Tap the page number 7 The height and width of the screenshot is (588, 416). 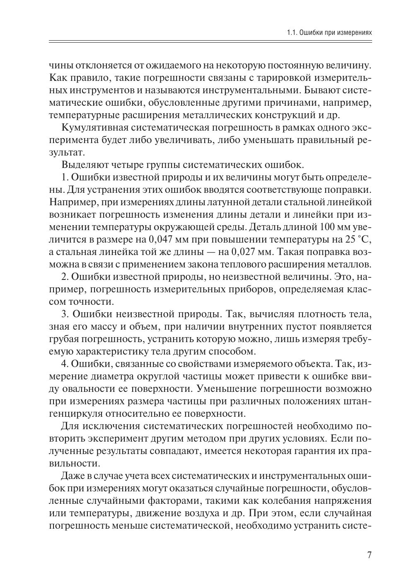click(x=369, y=555)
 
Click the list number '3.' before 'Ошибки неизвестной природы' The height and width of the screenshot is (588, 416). click(x=65, y=314)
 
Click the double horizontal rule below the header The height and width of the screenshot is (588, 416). click(x=210, y=42)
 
